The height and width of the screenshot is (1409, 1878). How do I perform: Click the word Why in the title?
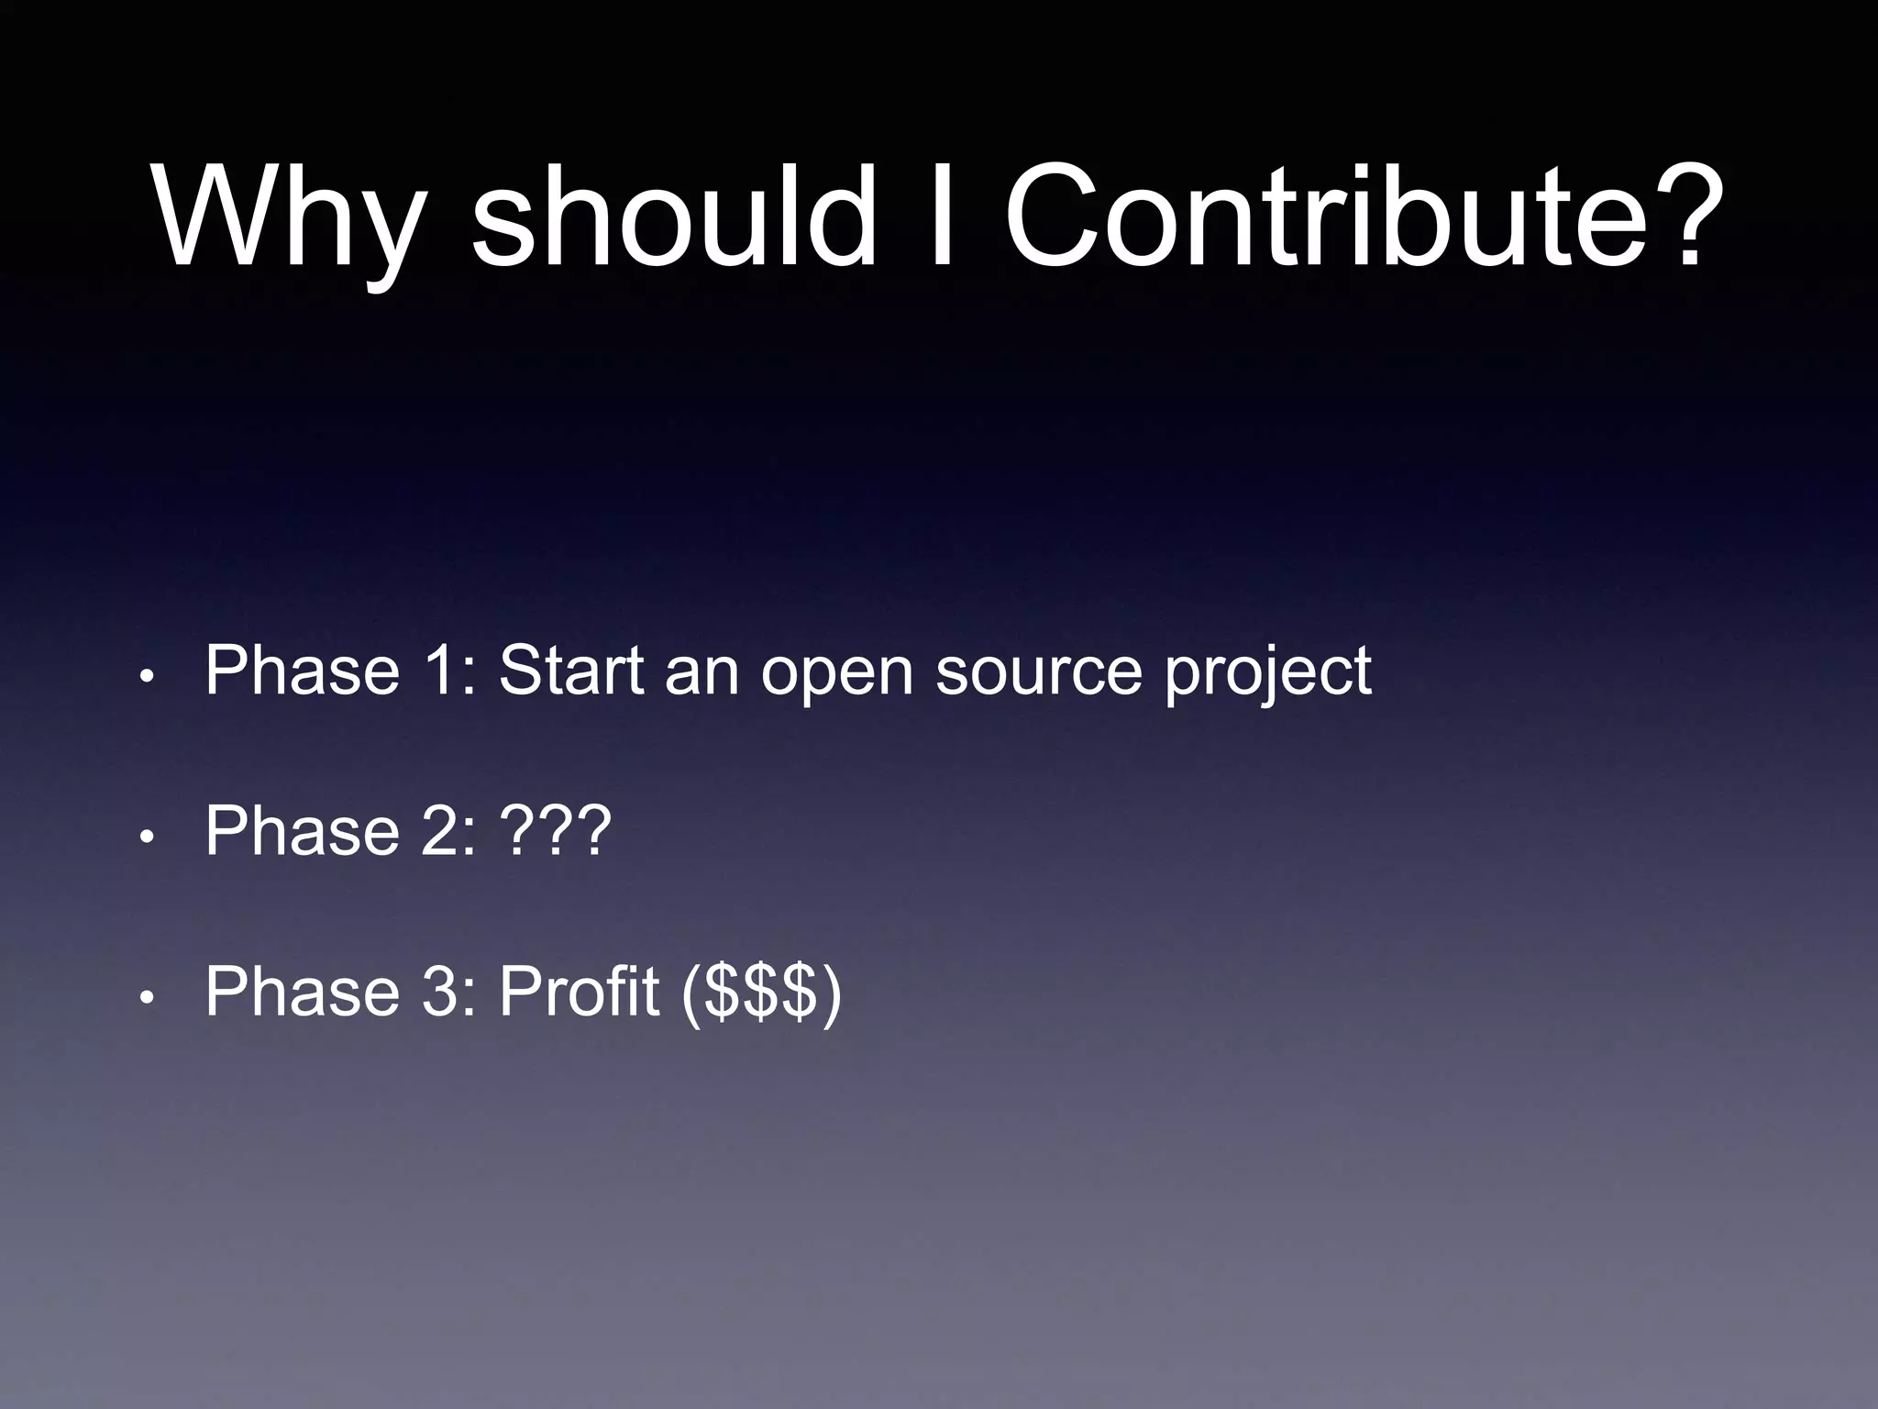click(x=290, y=220)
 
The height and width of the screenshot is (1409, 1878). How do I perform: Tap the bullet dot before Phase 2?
click(x=145, y=837)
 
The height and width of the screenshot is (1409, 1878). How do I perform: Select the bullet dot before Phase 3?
click(x=145, y=997)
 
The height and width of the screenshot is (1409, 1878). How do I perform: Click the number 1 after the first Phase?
click(x=441, y=671)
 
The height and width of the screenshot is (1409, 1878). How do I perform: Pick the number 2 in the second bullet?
click(x=441, y=831)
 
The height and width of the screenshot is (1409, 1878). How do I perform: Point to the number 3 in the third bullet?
click(x=441, y=992)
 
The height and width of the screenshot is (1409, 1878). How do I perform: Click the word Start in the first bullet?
click(x=571, y=671)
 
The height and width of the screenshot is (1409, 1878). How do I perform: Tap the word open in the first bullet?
click(x=837, y=677)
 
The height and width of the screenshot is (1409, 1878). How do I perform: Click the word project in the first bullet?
click(x=1268, y=677)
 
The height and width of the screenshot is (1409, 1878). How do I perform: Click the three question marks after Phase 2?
click(x=555, y=831)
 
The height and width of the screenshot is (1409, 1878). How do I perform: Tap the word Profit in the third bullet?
click(x=579, y=992)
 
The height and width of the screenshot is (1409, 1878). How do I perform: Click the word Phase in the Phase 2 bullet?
click(x=303, y=831)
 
